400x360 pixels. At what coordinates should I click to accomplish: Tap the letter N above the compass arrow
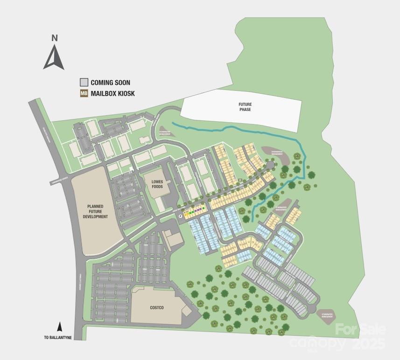tap(55, 38)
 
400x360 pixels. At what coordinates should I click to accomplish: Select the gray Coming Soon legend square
tap(84, 83)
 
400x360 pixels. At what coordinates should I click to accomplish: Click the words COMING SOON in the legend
tap(110, 83)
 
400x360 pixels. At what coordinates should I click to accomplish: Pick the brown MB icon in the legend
tap(84, 93)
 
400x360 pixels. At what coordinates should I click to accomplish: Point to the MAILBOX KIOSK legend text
tap(112, 94)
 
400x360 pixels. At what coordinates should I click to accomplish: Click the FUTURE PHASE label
tap(245, 106)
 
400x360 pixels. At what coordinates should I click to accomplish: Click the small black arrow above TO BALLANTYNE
tap(60, 326)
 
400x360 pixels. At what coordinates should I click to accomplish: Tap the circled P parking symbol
tap(180, 217)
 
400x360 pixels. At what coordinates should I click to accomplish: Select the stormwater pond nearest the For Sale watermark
tap(329, 314)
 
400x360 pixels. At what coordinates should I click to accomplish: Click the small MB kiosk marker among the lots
tap(240, 180)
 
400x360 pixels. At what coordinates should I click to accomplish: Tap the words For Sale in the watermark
tap(360, 329)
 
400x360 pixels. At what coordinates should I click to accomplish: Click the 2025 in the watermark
tap(369, 344)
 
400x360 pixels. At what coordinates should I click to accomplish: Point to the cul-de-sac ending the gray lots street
tap(312, 308)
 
